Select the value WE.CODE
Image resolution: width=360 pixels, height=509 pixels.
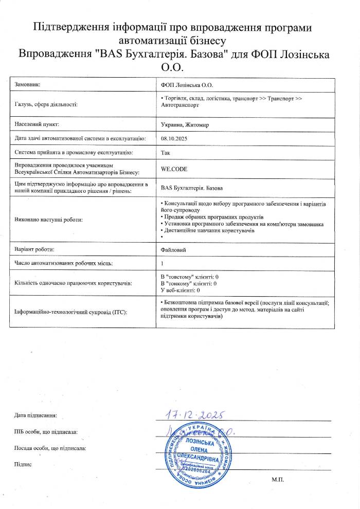click(174, 168)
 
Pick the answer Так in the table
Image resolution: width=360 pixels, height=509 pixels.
click(166, 153)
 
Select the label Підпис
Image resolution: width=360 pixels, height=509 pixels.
click(23, 464)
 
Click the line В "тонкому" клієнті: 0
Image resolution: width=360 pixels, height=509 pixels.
click(189, 283)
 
